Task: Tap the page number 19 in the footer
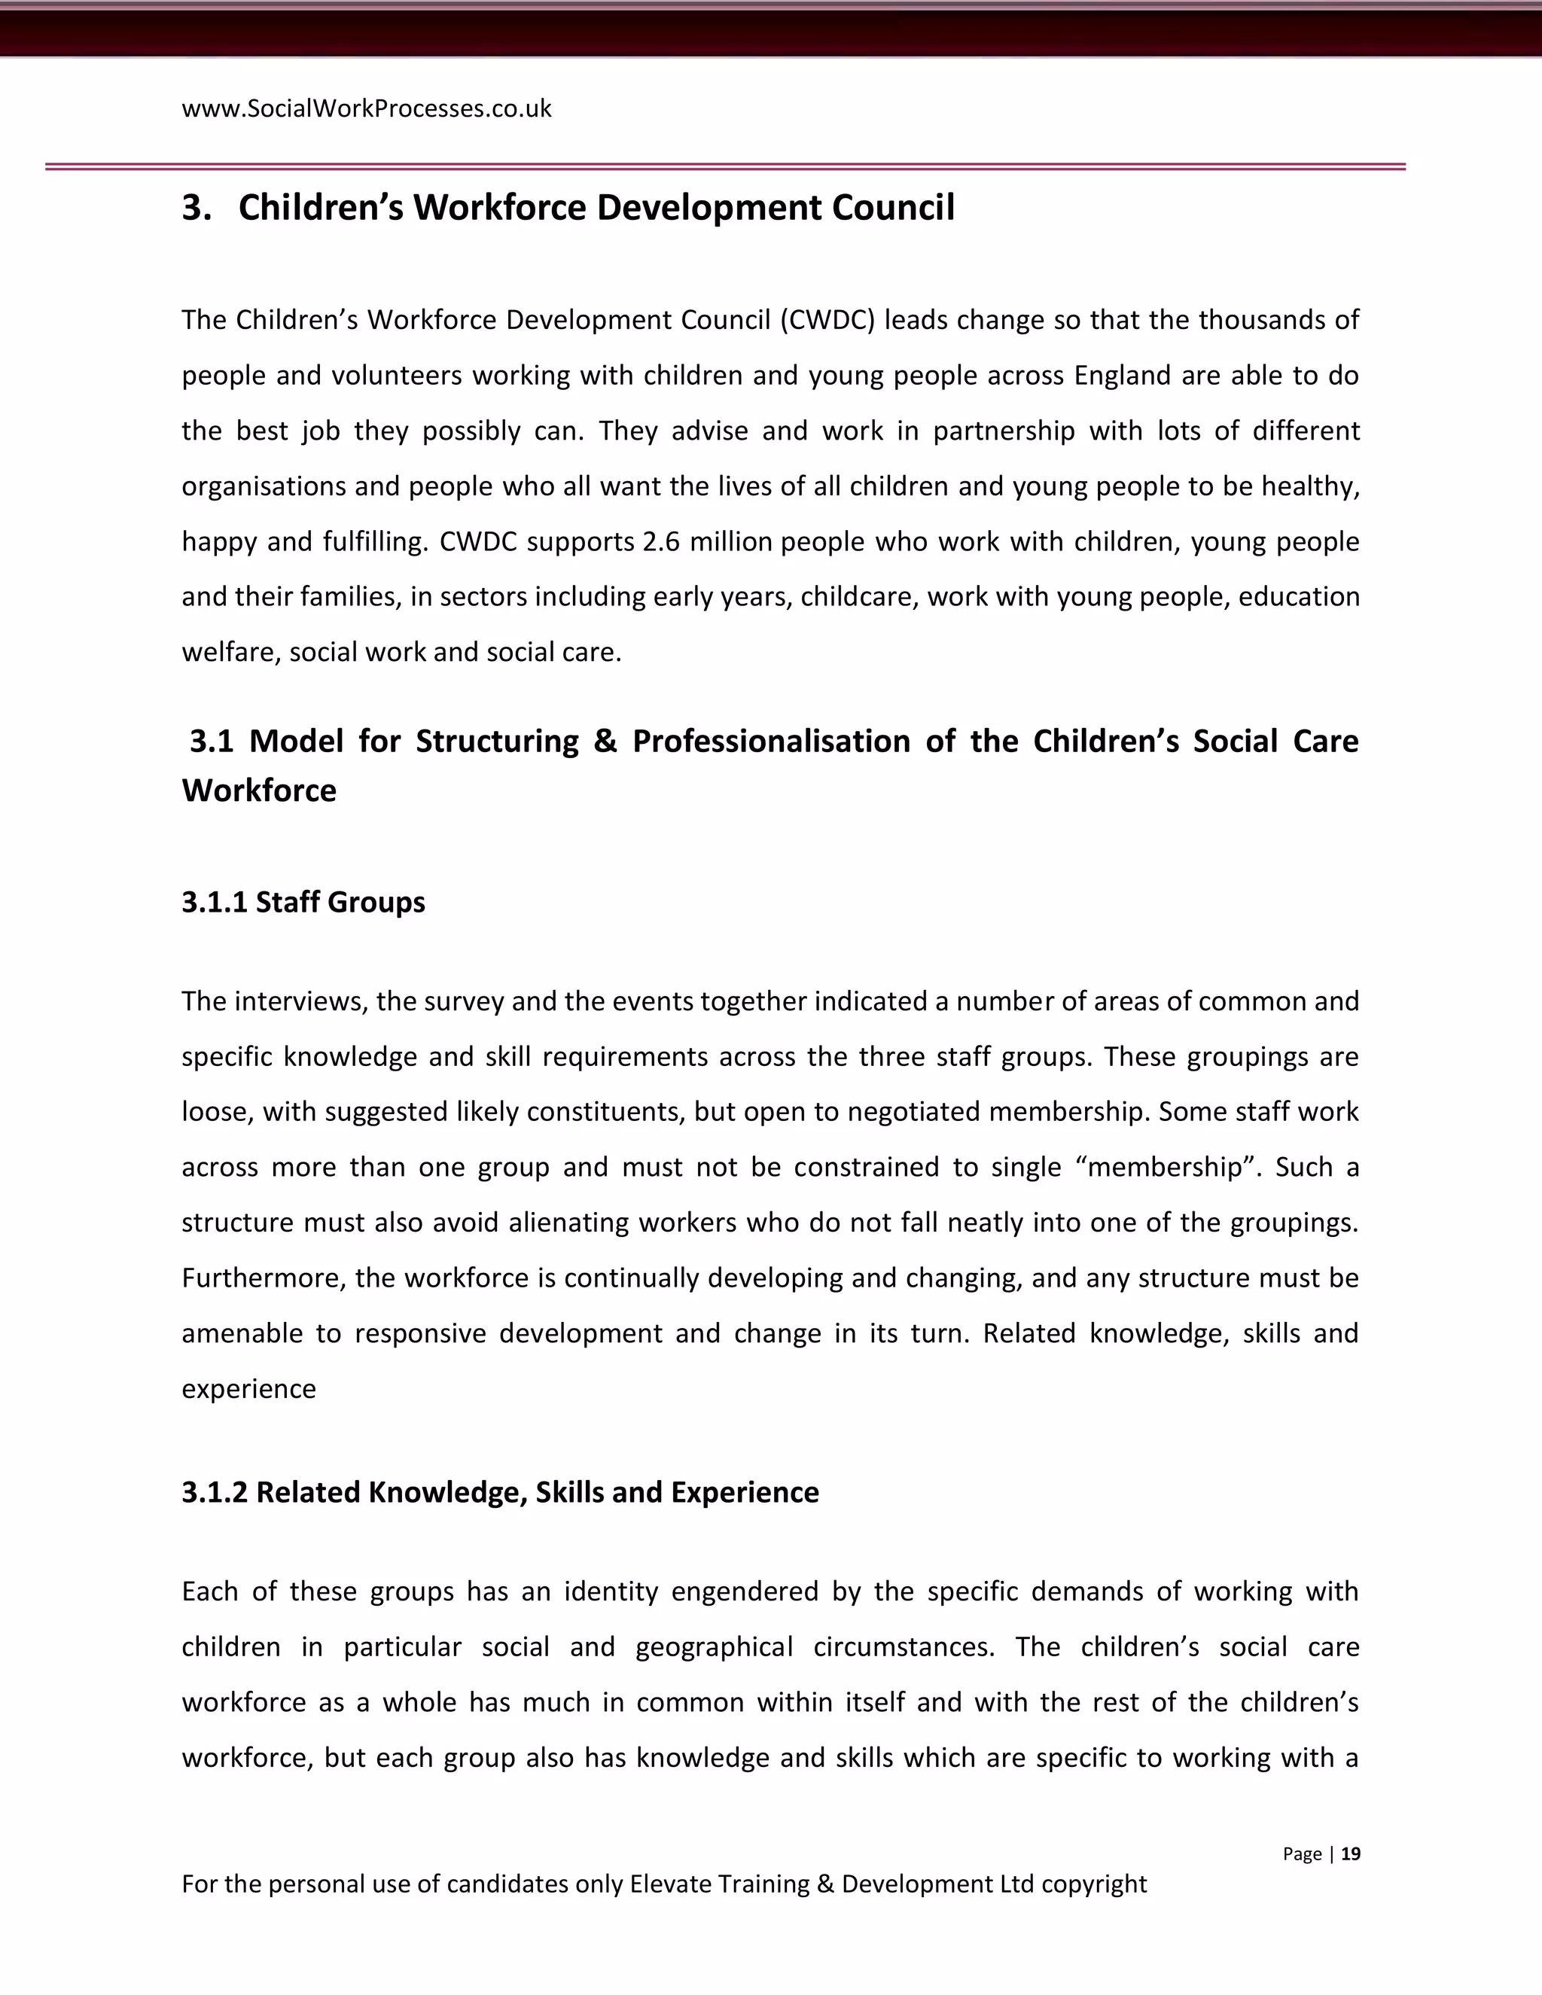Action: click(1351, 1853)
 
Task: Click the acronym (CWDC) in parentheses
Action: click(827, 321)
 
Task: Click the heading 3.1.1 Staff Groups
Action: click(303, 902)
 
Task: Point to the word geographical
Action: click(715, 1647)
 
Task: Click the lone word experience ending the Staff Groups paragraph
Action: click(248, 1390)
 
